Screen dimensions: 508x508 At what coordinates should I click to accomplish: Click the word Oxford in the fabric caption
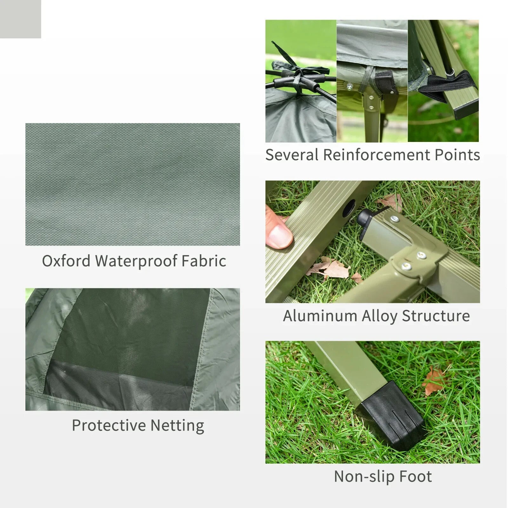[66, 261]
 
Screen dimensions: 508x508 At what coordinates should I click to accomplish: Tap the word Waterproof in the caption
[137, 262]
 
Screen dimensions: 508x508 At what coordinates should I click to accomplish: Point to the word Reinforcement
[376, 155]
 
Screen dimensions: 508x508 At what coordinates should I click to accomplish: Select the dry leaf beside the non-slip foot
[433, 381]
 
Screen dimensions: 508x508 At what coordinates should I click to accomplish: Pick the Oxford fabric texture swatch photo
[132, 184]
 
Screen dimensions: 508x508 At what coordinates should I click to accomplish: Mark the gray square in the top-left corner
[20, 19]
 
